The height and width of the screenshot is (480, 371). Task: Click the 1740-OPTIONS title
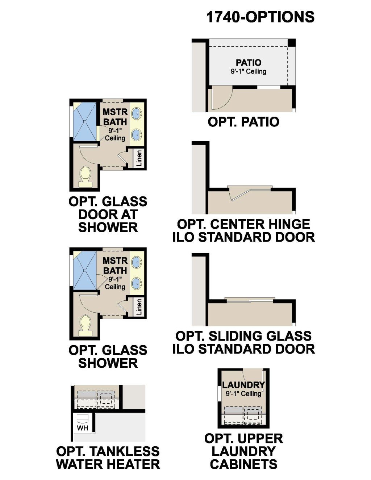(260, 17)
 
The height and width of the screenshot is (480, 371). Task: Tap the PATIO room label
(249, 63)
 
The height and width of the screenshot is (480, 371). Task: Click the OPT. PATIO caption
(243, 122)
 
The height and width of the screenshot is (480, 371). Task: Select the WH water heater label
(83, 428)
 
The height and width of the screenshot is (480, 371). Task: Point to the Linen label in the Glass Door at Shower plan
(139, 158)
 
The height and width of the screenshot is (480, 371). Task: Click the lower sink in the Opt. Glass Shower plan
(137, 283)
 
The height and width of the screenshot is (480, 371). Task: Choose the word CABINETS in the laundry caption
(243, 464)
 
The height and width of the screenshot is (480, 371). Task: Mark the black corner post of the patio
(292, 42)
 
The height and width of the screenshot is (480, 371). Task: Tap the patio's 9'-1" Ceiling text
(249, 71)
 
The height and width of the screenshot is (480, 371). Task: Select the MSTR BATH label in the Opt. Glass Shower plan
(115, 266)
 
